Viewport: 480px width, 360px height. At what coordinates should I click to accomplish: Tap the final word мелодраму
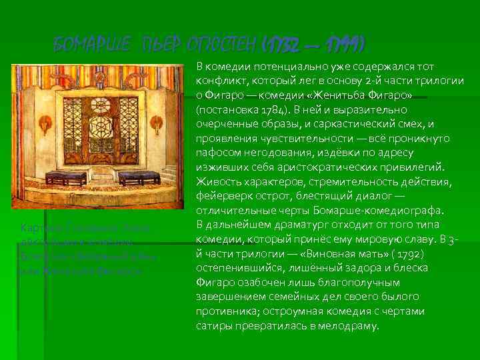click(x=351, y=327)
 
